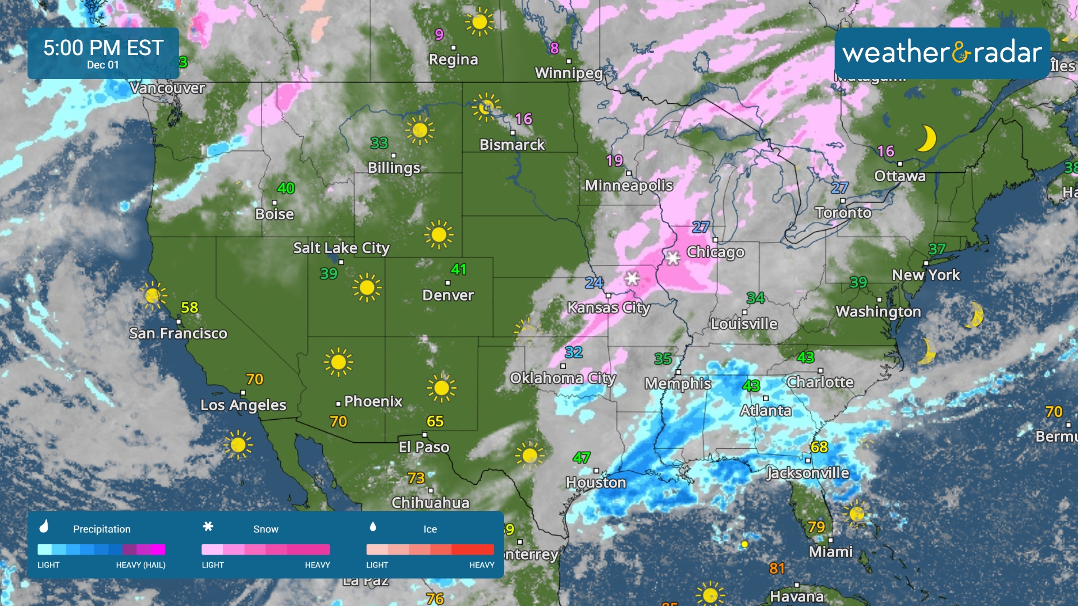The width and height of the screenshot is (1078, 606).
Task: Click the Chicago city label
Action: (x=715, y=252)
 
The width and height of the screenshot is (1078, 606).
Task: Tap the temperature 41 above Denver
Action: (x=458, y=269)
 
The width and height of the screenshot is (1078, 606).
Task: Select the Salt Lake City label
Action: (x=341, y=247)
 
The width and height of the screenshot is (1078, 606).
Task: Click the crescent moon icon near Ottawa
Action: (x=926, y=138)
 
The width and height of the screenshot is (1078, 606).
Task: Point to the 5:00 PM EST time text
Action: (x=103, y=48)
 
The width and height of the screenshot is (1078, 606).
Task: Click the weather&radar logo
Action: (x=942, y=53)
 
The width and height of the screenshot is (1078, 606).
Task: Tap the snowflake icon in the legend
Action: (x=208, y=526)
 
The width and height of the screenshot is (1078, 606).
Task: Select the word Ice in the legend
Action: (x=430, y=529)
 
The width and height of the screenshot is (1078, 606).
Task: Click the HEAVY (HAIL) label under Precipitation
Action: (x=140, y=565)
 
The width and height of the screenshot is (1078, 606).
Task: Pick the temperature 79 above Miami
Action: (x=816, y=527)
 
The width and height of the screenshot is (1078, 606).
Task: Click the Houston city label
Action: (x=596, y=483)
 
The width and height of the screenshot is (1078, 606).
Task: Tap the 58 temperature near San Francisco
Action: (x=189, y=307)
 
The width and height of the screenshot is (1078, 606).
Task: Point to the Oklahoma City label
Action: (x=563, y=378)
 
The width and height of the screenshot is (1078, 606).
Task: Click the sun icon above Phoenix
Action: (x=339, y=362)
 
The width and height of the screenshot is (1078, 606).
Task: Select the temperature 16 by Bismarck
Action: (x=523, y=119)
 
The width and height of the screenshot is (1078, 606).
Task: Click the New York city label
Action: (x=926, y=275)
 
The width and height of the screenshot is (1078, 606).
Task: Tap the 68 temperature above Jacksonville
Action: (x=819, y=447)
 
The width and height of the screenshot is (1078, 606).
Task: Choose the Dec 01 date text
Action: (x=103, y=65)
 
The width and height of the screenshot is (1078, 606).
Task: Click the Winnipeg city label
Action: (x=568, y=73)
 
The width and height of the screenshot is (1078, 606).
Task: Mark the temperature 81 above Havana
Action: (x=776, y=568)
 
